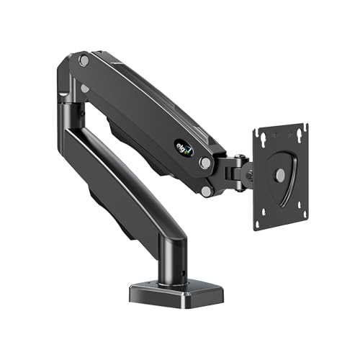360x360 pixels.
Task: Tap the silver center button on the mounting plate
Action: (x=279, y=175)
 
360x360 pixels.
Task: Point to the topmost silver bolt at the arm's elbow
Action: (x=84, y=62)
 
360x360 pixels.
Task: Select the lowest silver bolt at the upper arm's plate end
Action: (x=207, y=190)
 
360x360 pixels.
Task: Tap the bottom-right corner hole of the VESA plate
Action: (x=303, y=214)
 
